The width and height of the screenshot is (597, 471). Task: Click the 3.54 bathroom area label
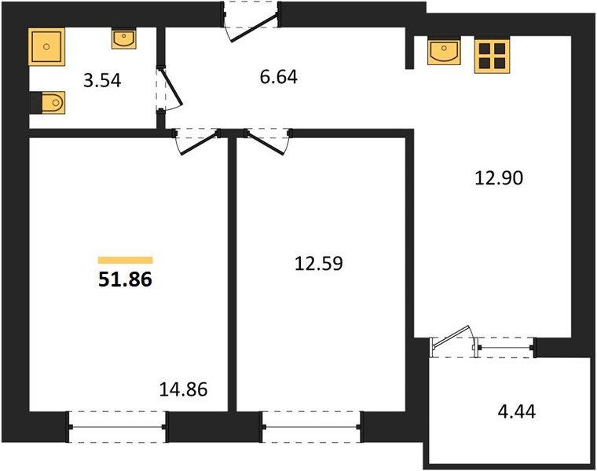pos(102,81)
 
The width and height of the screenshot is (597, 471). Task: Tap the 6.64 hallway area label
pos(279,77)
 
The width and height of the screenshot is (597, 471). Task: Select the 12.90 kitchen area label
pos(499,178)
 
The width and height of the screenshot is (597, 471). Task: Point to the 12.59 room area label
pos(319,263)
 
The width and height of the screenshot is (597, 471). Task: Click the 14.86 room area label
pos(183,389)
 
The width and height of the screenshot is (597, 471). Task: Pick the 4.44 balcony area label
pos(517,411)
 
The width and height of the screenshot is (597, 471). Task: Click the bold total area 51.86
pos(125,279)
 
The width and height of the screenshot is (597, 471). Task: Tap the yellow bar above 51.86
pos(125,261)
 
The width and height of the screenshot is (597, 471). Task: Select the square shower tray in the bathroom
pos(46,46)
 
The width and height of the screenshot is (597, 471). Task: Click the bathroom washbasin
pos(124,38)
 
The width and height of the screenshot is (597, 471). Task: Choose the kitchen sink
pos(444,51)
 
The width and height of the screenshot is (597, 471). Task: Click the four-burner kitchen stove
pos(492,56)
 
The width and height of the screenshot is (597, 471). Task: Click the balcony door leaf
pos(452,337)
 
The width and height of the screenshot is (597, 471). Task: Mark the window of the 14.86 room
pos(118,427)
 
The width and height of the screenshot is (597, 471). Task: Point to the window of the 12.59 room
pos(311,427)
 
